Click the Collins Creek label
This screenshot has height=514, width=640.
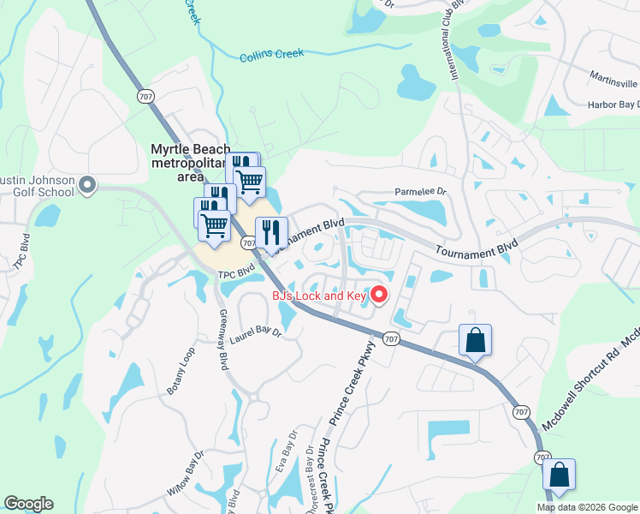[x=272, y=55]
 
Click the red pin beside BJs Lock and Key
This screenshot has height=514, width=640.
[x=378, y=296]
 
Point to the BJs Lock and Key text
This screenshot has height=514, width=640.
[x=319, y=296]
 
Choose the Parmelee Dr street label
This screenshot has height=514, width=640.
[x=420, y=192]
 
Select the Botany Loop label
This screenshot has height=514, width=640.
[x=181, y=371]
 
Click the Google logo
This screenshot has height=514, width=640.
[x=28, y=504]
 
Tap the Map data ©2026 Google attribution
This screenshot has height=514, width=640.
[x=587, y=507]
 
